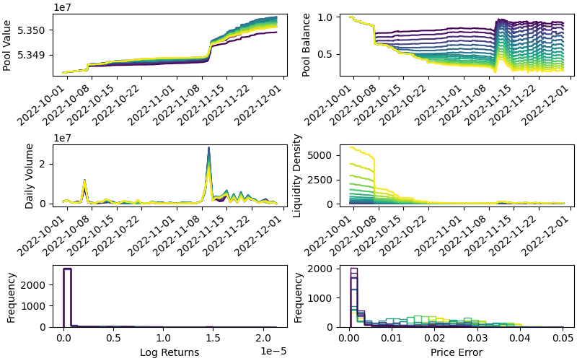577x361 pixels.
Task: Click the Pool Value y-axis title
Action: (x=7, y=45)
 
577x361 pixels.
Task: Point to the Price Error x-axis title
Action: (x=456, y=352)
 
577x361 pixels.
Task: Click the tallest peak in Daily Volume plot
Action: (x=208, y=148)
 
